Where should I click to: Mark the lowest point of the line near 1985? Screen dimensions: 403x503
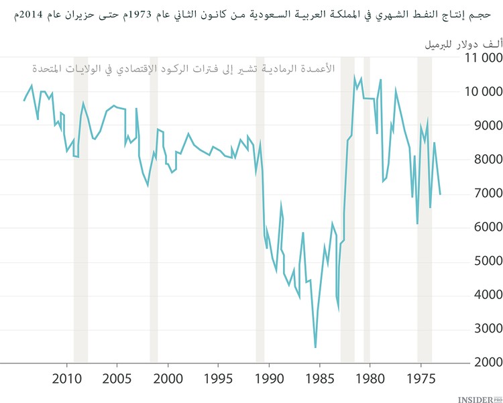point(315,347)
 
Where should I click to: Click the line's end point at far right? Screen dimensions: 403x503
point(441,194)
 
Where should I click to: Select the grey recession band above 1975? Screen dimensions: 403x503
point(425,201)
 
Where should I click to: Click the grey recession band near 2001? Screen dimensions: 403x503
point(154,201)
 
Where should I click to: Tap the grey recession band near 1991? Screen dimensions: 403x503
point(260,201)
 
